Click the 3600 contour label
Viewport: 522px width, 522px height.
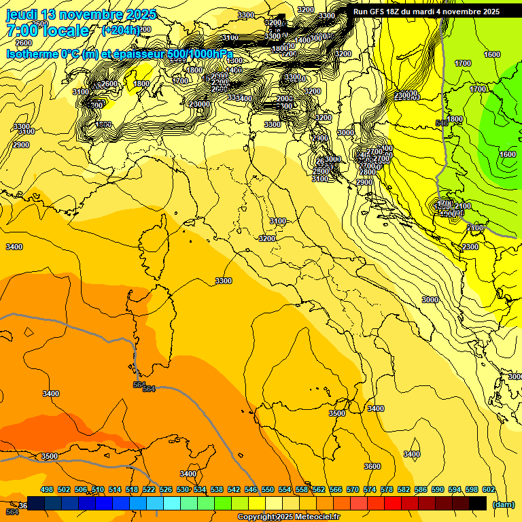click(x=372, y=466)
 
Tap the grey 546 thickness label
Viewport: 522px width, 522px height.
click(x=442, y=123)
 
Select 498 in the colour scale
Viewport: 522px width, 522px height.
click(x=47, y=489)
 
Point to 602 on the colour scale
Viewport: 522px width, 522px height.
click(x=489, y=489)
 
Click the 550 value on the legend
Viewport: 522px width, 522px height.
click(x=268, y=489)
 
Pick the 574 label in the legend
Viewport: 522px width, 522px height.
click(x=370, y=489)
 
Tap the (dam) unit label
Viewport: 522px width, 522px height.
click(x=503, y=504)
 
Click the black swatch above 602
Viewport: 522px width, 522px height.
click(x=478, y=503)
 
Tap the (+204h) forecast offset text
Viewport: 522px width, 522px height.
click(x=120, y=31)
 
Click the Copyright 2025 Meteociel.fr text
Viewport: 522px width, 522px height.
click(x=288, y=517)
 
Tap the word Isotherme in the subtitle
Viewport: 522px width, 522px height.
click(x=31, y=54)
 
